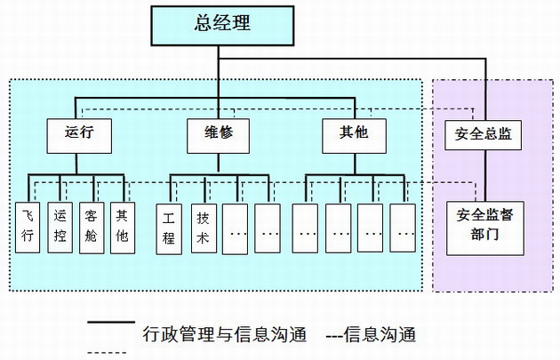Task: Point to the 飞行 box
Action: point(28,228)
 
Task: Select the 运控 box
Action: point(60,228)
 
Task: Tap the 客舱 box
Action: point(92,228)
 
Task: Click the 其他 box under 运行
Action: point(123,228)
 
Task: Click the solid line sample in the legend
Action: point(111,324)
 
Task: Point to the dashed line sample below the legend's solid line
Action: point(111,353)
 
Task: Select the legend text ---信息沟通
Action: point(371,335)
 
